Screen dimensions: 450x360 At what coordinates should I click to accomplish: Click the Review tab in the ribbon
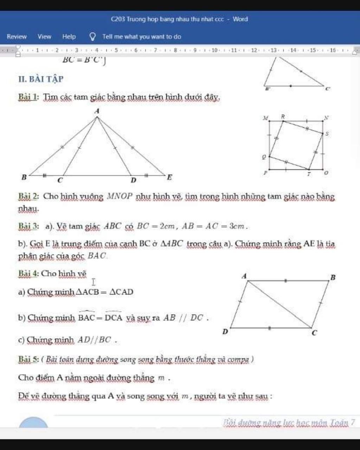coord(17,37)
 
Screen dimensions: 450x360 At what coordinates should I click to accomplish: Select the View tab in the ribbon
coord(44,37)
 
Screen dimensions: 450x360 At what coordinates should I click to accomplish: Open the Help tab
coord(69,37)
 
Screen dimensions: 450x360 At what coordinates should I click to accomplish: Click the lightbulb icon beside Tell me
coord(93,37)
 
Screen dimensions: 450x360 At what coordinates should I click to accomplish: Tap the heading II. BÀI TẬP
coord(41,79)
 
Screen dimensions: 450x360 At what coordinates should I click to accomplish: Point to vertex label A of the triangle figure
coord(97,111)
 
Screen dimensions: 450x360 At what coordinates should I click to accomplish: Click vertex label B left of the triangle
coord(24,177)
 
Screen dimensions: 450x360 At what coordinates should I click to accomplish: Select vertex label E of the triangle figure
coord(169,177)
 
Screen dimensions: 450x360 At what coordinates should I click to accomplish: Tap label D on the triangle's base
coord(133,180)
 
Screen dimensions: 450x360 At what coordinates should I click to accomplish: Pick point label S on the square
coord(327,134)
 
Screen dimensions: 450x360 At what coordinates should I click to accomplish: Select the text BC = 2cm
coord(156,226)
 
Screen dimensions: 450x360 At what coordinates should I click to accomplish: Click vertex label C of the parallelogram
coord(315,333)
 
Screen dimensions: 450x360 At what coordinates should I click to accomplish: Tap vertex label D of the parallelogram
coord(225,332)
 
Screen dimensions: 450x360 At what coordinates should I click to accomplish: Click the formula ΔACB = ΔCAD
coord(105,292)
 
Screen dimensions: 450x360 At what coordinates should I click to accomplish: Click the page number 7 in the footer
coord(353,422)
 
